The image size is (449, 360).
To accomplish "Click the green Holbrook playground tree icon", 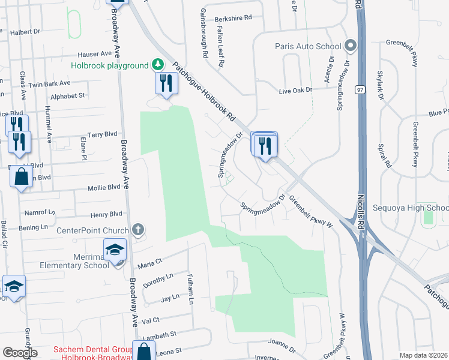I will (x=157, y=64).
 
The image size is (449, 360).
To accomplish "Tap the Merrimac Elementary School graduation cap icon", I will (x=114, y=251).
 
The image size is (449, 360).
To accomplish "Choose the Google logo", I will (x=20, y=353).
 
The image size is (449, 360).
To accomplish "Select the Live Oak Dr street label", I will (x=296, y=90).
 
